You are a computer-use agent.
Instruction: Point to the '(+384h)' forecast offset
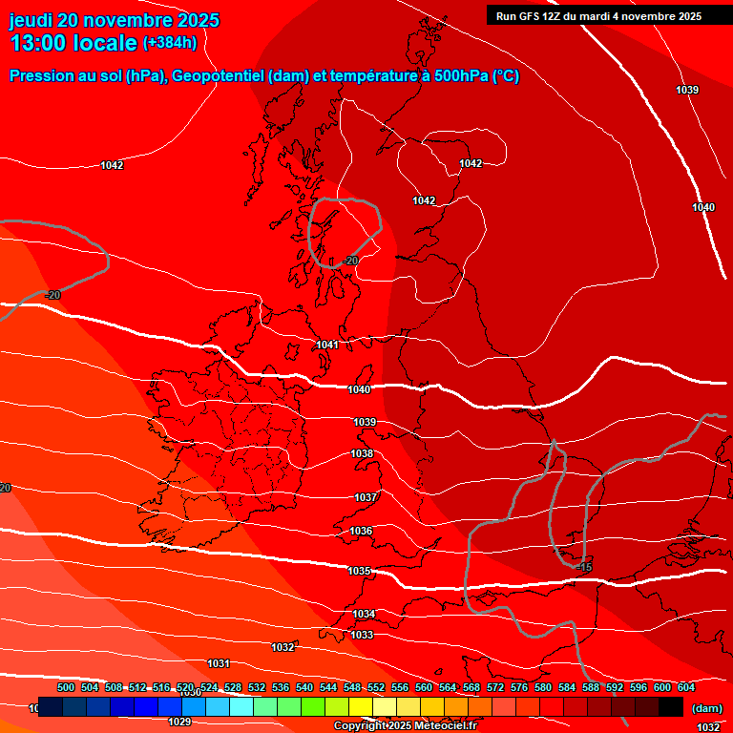click(x=170, y=42)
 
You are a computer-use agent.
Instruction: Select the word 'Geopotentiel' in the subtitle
click(x=219, y=76)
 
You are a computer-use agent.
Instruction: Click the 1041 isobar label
click(x=327, y=345)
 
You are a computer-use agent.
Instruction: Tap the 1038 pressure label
click(x=362, y=454)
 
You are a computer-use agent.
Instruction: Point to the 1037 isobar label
click(x=366, y=497)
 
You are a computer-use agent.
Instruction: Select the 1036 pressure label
click(x=361, y=531)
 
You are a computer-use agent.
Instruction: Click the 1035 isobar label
click(x=359, y=571)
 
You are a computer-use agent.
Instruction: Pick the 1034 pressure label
click(x=364, y=614)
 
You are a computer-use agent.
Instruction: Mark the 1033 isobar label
click(x=362, y=635)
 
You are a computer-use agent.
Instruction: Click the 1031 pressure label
click(x=219, y=663)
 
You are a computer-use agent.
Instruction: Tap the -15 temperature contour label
click(x=585, y=568)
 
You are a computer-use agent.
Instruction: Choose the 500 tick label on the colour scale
click(x=66, y=687)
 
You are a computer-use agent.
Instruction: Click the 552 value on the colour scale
click(x=376, y=687)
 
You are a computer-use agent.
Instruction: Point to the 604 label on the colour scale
click(x=686, y=687)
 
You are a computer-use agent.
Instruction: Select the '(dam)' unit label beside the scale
click(x=706, y=707)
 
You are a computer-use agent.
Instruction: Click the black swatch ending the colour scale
click(x=671, y=706)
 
